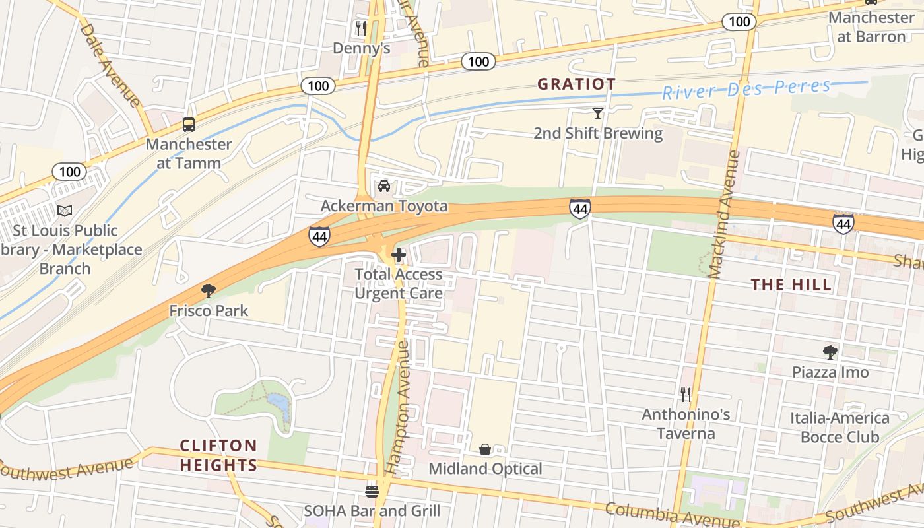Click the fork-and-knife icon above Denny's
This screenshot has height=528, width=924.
pos(360,28)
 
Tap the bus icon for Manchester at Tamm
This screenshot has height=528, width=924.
pos(189,124)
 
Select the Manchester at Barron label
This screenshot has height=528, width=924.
pos(871,27)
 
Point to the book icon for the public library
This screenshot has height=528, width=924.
pos(65,211)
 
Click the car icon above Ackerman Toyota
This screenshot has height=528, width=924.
pos(384,186)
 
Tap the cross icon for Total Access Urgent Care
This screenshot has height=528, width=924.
pos(399,254)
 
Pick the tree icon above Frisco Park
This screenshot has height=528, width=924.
pos(209,290)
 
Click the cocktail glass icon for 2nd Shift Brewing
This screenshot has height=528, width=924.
pos(598,114)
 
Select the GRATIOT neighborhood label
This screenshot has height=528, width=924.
pos(576,84)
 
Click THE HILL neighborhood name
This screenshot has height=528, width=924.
pos(791,284)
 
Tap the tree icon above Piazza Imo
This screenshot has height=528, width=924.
pos(830,352)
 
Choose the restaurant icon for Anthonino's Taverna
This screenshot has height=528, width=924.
pos(686,395)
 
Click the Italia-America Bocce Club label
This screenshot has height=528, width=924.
pos(840,427)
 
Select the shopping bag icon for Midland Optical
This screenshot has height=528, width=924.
pos(485,449)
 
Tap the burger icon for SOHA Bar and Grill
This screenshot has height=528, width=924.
pos(372,491)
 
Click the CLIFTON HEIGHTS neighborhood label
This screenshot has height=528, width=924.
pos(218,455)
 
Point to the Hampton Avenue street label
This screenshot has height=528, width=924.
pos(398,408)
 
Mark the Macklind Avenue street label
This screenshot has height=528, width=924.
pos(724,214)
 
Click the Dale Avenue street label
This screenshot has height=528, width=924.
pos(110,65)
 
